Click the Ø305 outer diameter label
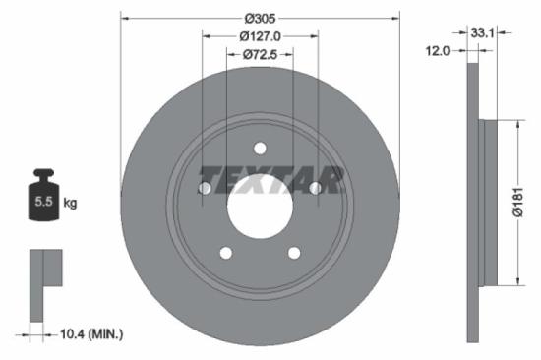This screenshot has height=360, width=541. coord(260,19)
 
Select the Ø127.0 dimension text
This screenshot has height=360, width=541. coord(260,37)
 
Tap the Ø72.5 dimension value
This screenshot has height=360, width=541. coord(260,55)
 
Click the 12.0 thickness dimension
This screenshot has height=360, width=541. coord(440,50)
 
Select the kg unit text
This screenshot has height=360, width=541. coord(70,203)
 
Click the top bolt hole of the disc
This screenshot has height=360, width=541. coord(260,149)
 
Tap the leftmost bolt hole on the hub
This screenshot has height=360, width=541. coord(205,188)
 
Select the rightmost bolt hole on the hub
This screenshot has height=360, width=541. coord(315,188)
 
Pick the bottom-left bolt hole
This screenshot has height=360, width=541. coord(225,253)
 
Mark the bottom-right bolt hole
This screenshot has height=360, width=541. coord(294,253)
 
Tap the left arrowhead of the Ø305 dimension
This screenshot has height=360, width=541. coord(123,19)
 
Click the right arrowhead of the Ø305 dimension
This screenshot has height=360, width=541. coord(398,19)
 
